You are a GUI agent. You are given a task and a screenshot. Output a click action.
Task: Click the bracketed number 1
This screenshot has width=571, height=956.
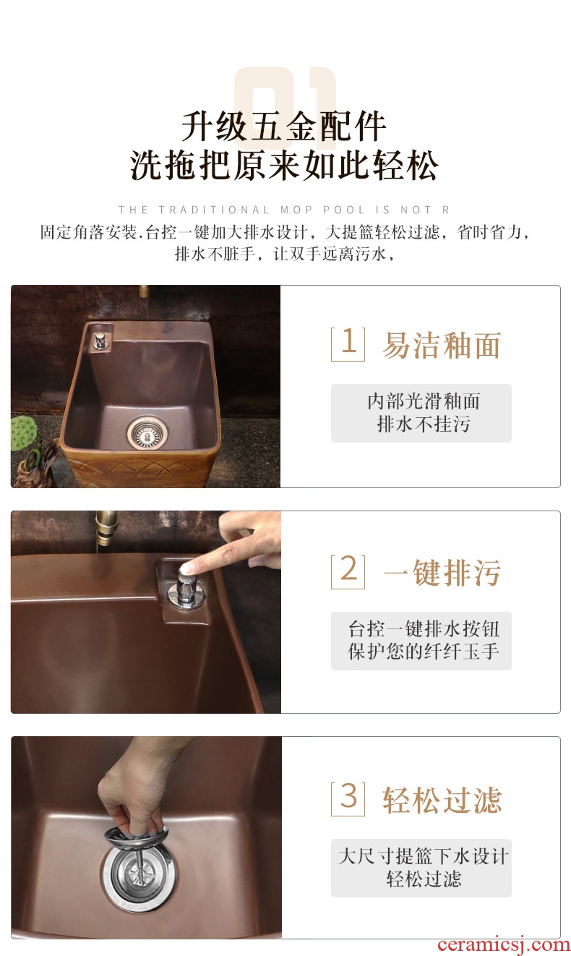point(348,343)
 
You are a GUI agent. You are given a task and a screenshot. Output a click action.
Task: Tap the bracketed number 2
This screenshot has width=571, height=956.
point(348,571)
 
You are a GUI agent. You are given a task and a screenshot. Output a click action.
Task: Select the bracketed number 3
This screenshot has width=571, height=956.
point(348,798)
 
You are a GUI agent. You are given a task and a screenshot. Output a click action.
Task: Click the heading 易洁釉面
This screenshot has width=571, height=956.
point(441,345)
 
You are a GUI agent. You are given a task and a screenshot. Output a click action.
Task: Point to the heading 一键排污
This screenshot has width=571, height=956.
point(442,572)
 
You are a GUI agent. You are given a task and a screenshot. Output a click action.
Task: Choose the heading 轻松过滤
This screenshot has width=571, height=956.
point(442,800)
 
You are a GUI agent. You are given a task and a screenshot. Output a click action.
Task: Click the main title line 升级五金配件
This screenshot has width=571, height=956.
point(284,127)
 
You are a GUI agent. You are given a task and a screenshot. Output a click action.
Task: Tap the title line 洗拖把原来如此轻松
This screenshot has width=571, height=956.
point(284,166)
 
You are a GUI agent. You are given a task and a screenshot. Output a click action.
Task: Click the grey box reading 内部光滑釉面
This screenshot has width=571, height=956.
point(421,413)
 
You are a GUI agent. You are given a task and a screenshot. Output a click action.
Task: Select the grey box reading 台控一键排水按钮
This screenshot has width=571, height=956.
point(421,641)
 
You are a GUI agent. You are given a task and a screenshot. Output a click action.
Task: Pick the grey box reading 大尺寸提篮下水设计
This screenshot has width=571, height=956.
point(421,868)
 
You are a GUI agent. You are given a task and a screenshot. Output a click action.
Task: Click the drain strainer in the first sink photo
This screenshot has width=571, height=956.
point(147,435)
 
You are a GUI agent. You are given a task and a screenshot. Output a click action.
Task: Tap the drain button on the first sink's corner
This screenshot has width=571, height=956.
point(100,341)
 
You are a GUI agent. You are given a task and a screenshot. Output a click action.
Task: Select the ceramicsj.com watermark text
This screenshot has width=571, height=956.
point(504,944)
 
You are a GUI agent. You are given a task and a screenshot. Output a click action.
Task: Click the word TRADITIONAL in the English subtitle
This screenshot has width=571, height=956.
point(214,210)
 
